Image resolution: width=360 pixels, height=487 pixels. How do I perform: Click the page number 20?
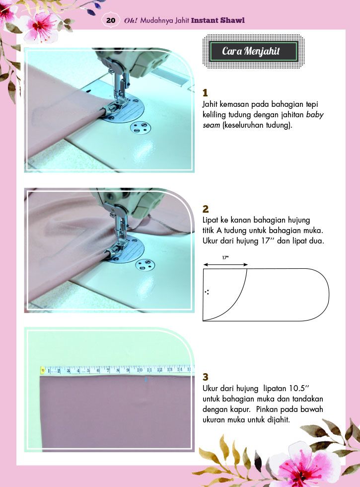(x=110, y=20)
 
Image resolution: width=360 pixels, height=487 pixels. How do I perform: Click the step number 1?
(x=205, y=93)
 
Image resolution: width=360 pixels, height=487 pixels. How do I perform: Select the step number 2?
(x=206, y=209)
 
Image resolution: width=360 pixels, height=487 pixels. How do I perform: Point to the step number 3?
(x=206, y=377)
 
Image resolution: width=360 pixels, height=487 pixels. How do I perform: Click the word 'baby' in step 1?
(x=315, y=115)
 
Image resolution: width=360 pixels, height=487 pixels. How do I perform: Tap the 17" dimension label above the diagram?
(x=225, y=257)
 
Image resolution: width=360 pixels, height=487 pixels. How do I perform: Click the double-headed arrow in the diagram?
(x=225, y=264)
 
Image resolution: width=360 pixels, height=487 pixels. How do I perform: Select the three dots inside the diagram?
(x=207, y=292)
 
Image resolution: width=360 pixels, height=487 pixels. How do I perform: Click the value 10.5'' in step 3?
(x=299, y=388)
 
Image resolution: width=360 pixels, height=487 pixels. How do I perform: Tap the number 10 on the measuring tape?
(x=140, y=370)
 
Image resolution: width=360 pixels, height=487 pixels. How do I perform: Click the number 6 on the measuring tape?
(x=98, y=370)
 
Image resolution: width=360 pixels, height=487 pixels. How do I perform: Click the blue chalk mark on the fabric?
(x=146, y=380)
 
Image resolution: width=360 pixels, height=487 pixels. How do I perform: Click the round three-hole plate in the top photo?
(x=139, y=128)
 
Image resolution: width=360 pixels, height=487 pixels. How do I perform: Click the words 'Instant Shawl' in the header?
(x=218, y=20)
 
